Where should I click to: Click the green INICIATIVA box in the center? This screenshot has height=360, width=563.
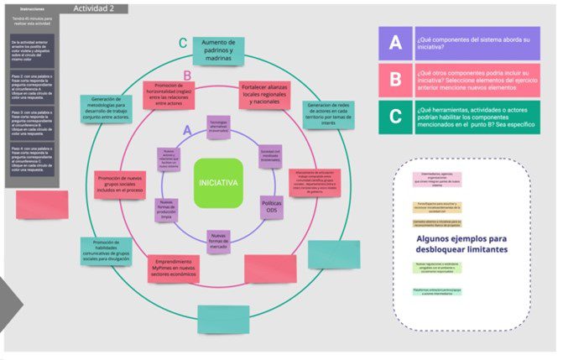pyautogui.click(x=217, y=182)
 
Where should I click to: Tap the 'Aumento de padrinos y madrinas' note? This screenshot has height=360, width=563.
pyautogui.click(x=218, y=50)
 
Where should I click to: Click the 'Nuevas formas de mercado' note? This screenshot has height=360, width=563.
pyautogui.click(x=218, y=240)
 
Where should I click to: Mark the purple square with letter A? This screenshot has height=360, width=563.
pyautogui.click(x=394, y=43)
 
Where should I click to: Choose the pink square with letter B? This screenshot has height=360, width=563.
pyautogui.click(x=394, y=81)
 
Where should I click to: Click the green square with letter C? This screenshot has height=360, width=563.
pyautogui.click(x=394, y=118)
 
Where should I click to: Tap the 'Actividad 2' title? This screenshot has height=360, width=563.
pyautogui.click(x=100, y=8)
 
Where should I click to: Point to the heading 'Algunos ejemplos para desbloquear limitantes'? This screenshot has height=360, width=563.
pyautogui.click(x=461, y=244)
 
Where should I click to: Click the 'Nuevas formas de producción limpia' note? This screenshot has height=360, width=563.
pyautogui.click(x=166, y=209)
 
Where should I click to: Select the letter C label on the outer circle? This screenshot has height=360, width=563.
pyautogui.click(x=183, y=43)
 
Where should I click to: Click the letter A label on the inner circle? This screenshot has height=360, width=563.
pyautogui.click(x=190, y=130)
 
